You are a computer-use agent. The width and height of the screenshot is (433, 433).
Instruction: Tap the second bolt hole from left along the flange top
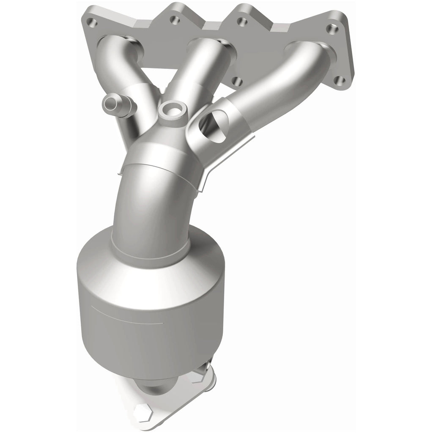click(x=173, y=19)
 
